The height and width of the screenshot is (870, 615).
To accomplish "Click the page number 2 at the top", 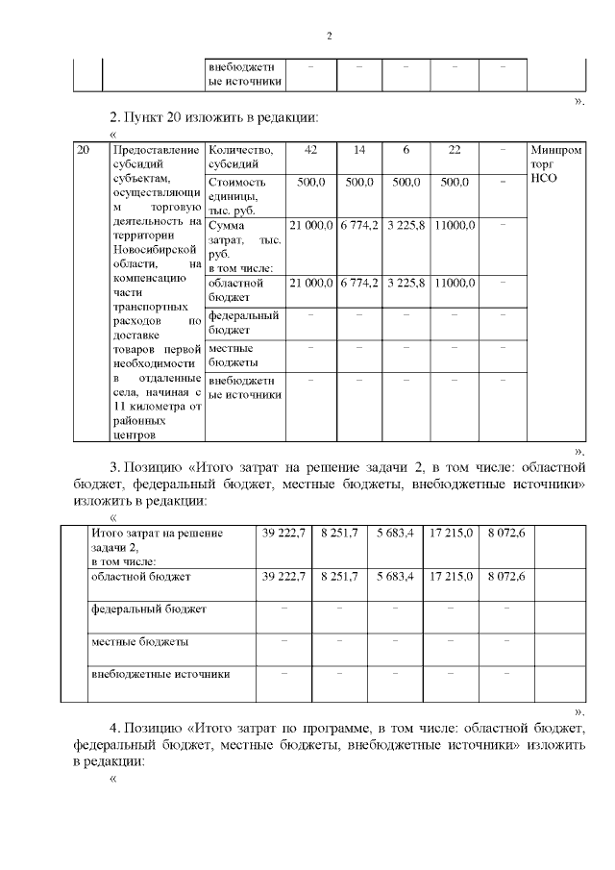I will [329, 37].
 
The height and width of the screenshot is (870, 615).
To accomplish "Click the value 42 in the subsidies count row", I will [310, 150].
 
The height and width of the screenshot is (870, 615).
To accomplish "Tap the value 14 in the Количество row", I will [358, 150].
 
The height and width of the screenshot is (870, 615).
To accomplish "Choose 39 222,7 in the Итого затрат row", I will [283, 532].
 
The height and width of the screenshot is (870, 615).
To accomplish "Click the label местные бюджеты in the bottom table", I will [139, 641].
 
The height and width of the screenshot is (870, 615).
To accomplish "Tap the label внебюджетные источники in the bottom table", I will [160, 674].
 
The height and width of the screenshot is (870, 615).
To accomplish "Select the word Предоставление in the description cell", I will [156, 150].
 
